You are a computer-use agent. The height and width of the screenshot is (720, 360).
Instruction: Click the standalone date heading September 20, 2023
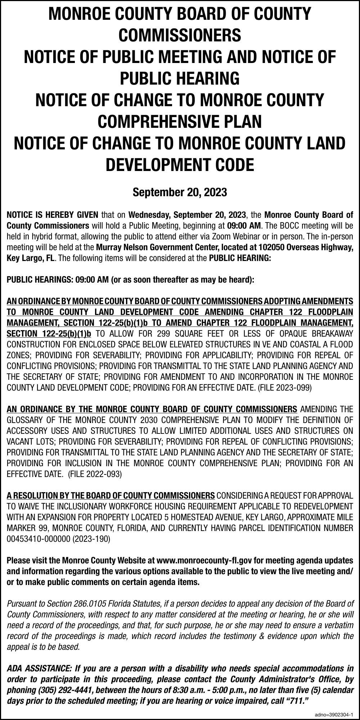[x=180, y=192]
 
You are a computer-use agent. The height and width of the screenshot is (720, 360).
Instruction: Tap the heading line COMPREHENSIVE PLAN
[x=180, y=121]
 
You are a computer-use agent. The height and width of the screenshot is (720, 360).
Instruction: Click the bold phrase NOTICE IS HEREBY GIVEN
[x=53, y=215]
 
